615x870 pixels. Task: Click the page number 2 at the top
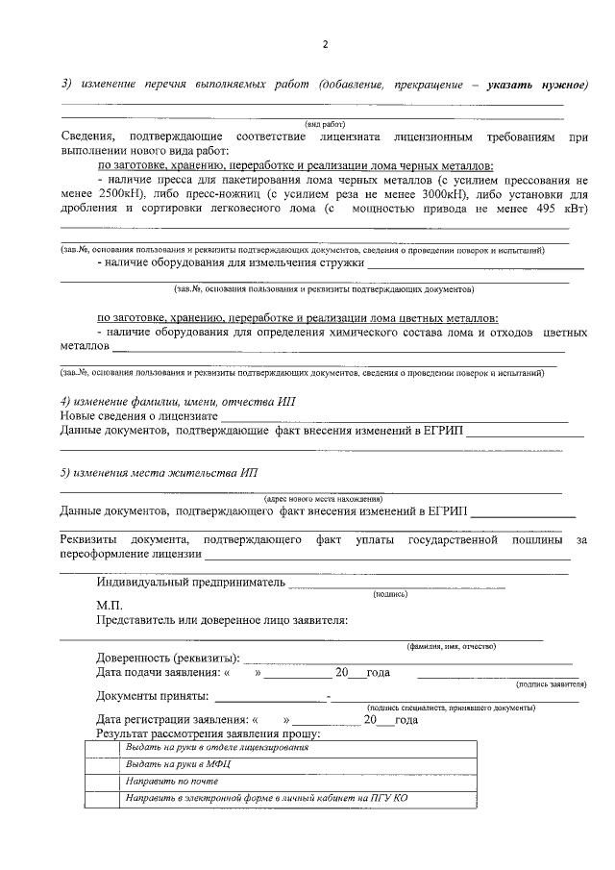tap(325, 45)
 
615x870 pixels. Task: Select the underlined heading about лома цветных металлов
tap(297, 317)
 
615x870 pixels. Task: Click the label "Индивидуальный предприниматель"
tap(191, 582)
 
